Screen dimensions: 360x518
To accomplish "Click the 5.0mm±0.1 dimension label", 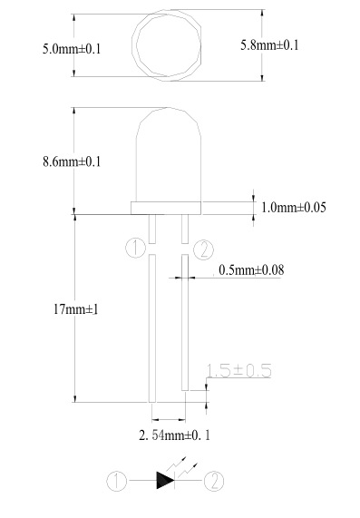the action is pos(72,49).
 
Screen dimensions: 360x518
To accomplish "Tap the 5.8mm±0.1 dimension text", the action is pos(269,45).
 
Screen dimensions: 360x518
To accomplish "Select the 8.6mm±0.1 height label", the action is pos(72,161).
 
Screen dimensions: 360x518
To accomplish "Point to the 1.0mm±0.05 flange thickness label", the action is pos(293,208).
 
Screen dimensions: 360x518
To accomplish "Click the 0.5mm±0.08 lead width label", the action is pos(251,270).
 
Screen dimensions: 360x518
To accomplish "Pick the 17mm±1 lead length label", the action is pos(75,309).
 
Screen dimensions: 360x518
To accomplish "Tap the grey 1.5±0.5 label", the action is pos(238,370).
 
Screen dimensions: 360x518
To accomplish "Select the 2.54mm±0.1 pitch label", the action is pos(174,435).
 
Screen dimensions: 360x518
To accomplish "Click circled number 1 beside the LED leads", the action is pos(135,248).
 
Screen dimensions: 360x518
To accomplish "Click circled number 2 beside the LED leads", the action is pos(203,249).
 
